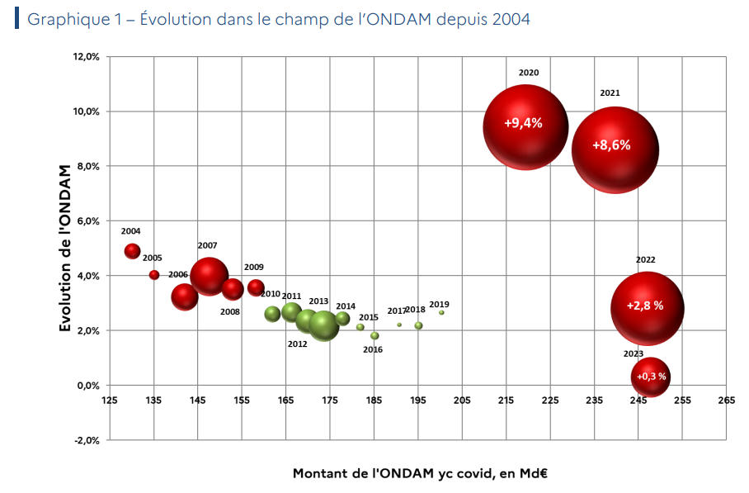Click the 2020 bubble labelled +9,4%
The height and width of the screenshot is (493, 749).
point(525,126)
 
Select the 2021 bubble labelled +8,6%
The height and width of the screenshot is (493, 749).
point(615,149)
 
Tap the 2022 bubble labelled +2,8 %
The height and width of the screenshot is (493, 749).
point(648,308)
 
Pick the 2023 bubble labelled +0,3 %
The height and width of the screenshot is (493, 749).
point(650,377)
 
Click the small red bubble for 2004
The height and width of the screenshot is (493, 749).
point(132,251)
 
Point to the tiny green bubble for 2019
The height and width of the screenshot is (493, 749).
point(441,312)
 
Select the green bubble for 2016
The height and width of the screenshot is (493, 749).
point(374,336)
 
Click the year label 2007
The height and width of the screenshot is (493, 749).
point(207,246)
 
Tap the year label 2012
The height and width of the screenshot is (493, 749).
point(297,344)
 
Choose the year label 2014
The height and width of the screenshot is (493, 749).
point(346,306)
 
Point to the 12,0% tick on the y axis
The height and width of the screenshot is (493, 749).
point(87,57)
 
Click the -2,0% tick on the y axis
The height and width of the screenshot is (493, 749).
point(87,440)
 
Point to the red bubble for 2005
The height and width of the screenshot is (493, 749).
point(154,275)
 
